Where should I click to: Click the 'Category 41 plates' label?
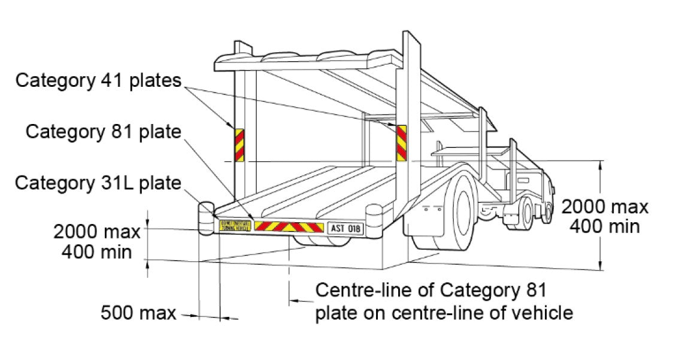pyautogui.click(x=98, y=80)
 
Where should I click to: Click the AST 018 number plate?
pyautogui.click(x=345, y=228)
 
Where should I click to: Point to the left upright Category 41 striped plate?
pyautogui.click(x=239, y=144)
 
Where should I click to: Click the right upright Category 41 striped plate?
pyautogui.click(x=400, y=143)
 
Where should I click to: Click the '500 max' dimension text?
pyautogui.click(x=138, y=312)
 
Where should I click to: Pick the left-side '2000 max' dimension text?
pyautogui.click(x=96, y=231)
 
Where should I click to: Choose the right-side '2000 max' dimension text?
pyautogui.click(x=604, y=207)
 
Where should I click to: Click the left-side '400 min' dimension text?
pyautogui.click(x=96, y=251)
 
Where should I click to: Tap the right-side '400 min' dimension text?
pyautogui.click(x=604, y=226)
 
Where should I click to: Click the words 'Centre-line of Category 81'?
pyautogui.click(x=431, y=291)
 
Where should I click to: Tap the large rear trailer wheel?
pyautogui.click(x=461, y=207)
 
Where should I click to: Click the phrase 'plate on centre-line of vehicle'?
pyautogui.click(x=444, y=312)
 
